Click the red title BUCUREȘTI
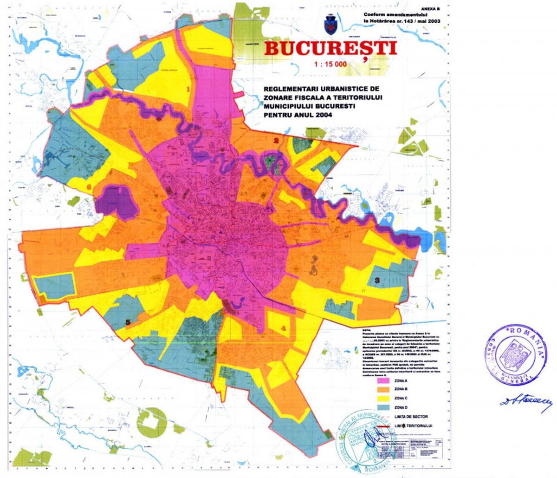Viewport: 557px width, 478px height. (330, 48)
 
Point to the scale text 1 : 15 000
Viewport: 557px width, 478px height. (330, 65)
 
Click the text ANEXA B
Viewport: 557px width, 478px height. (430, 8)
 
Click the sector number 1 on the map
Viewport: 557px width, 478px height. (188, 89)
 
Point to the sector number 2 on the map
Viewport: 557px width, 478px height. (276, 141)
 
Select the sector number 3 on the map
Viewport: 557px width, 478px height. (377, 280)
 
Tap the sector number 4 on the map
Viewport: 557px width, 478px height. (283, 328)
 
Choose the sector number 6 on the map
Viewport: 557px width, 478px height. (89, 187)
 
